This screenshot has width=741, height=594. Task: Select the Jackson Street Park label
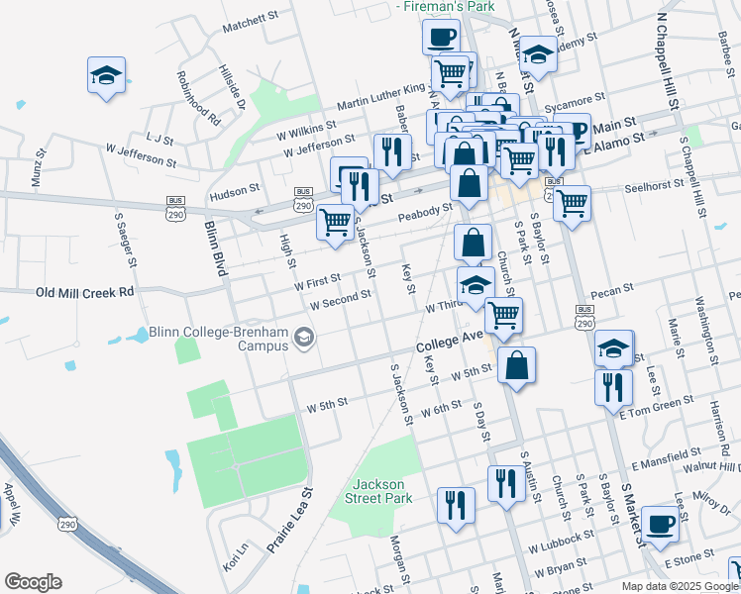380,491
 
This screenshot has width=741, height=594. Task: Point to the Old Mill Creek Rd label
84,293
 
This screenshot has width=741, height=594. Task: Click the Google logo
33,582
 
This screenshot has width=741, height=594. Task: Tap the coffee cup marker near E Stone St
661,525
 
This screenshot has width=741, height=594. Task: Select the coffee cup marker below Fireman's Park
441,38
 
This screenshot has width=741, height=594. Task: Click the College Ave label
448,343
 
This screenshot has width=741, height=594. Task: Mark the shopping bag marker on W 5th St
517,364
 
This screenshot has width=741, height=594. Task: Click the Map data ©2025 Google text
680,586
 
